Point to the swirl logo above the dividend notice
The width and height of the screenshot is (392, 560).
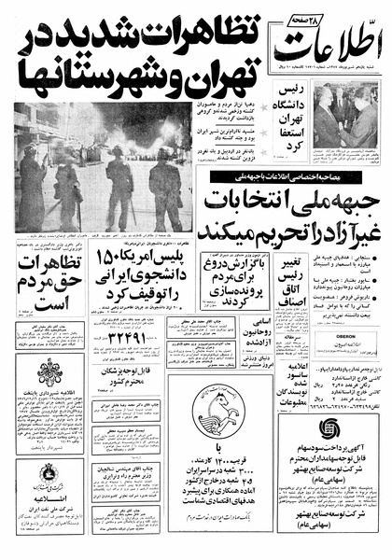click(330, 432)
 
